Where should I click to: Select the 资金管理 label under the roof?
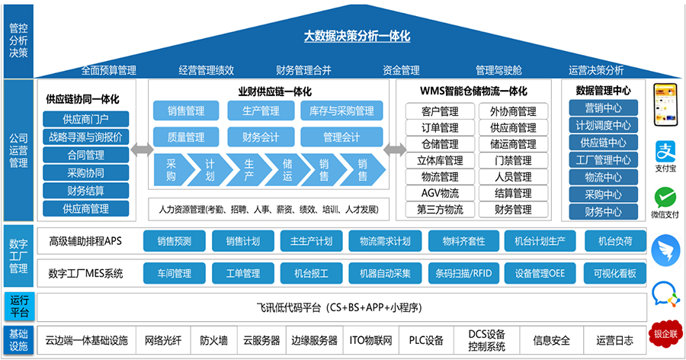pyautogui.click(x=401, y=70)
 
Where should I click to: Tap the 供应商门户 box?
pyautogui.click(x=85, y=119)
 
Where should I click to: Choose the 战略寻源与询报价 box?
pyautogui.click(x=85, y=137)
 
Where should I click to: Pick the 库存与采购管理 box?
pyautogui.click(x=341, y=111)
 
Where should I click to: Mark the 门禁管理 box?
pyautogui.click(x=512, y=160)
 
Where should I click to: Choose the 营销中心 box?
pyautogui.click(x=602, y=108)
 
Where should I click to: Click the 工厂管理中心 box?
pyautogui.click(x=602, y=160)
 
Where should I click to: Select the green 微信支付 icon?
pyautogui.click(x=665, y=200)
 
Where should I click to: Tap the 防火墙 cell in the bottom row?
pyautogui.click(x=213, y=341)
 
